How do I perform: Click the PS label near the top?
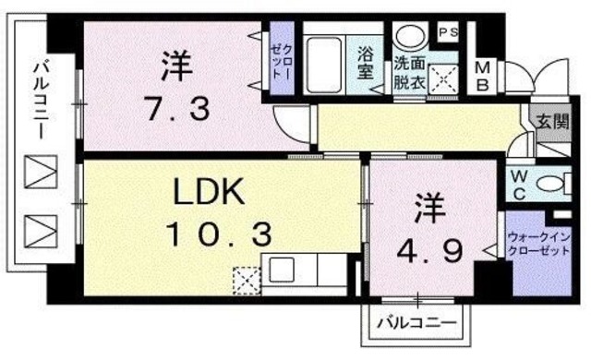(x=448, y=31)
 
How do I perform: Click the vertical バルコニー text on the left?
(x=42, y=99)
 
